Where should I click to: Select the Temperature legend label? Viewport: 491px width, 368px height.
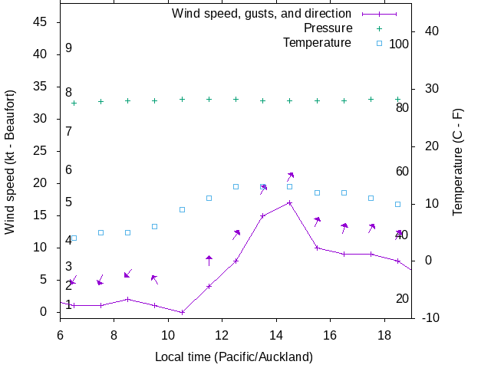click(317, 42)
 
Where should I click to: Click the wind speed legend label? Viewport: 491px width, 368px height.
click(262, 14)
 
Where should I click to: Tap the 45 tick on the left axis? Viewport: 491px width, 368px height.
click(41, 22)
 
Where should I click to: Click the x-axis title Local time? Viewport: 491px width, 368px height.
click(234, 356)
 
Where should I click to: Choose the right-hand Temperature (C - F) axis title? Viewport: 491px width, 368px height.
click(458, 161)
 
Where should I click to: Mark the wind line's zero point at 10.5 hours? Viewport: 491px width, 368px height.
click(182, 312)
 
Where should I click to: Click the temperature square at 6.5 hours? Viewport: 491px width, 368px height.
click(74, 238)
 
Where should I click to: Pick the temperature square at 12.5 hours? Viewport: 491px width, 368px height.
click(236, 186)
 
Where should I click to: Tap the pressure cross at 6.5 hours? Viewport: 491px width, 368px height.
click(74, 103)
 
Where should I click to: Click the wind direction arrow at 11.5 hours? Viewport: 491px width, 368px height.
click(209, 261)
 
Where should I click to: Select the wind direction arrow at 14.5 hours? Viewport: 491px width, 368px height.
click(290, 178)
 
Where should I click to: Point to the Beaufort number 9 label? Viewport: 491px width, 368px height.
click(68, 48)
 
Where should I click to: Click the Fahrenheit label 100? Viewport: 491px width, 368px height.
click(399, 44)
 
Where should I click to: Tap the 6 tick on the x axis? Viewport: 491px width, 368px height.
click(60, 335)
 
